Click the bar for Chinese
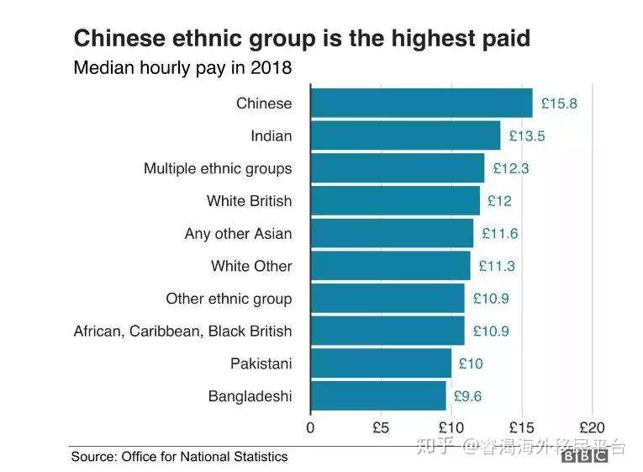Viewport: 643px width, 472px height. click(x=421, y=103)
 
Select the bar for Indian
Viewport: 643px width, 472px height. click(x=405, y=135)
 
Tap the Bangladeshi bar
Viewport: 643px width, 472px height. click(x=378, y=395)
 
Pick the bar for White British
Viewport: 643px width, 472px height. click(x=395, y=201)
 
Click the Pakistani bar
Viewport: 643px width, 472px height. click(x=381, y=363)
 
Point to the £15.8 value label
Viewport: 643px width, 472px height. click(x=559, y=103)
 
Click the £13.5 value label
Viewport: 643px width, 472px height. click(x=527, y=136)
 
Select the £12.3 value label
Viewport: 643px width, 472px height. click(x=510, y=168)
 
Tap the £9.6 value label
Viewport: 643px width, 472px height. click(x=468, y=396)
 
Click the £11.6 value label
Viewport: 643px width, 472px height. click(x=499, y=233)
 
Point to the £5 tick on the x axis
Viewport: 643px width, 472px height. click(x=381, y=427)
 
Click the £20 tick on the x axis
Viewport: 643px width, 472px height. click(x=592, y=427)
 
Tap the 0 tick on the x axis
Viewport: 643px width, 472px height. click(x=311, y=427)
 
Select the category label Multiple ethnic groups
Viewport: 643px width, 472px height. click(x=218, y=168)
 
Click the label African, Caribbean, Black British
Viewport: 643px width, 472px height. click(x=183, y=331)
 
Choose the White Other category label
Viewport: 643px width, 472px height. click(x=251, y=266)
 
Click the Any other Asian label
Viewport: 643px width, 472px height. click(x=238, y=234)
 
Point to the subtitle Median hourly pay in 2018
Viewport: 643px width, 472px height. click(x=182, y=68)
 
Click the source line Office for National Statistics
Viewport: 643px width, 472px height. click(x=179, y=457)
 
